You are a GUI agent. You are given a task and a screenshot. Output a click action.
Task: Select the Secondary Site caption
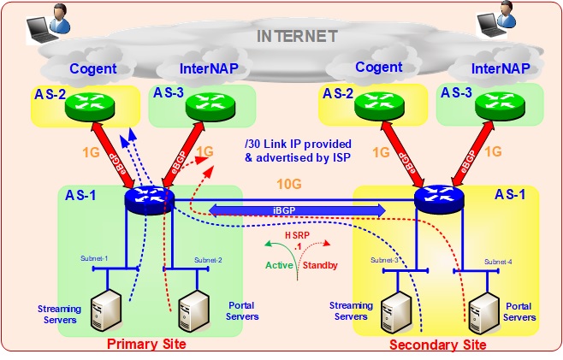click(x=437, y=345)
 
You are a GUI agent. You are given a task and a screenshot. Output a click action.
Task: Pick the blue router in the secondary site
click(x=438, y=199)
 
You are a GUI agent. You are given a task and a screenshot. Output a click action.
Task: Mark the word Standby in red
click(x=321, y=265)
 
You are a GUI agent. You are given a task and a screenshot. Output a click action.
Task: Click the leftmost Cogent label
click(x=93, y=69)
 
